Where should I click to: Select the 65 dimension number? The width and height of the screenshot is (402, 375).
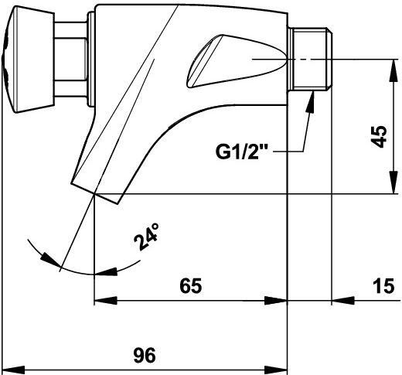191,286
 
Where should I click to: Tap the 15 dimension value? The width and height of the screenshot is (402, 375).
383,286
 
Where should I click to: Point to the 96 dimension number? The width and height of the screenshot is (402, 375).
145,356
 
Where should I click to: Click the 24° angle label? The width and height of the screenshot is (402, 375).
146,237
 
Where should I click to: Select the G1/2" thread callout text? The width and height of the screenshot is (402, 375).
241,152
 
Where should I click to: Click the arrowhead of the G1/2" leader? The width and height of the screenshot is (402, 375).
311,101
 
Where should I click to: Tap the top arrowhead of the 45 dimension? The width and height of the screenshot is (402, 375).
394,70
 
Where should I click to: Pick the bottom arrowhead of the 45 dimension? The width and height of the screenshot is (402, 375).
394,182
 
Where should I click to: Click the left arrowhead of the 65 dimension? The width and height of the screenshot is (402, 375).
106,301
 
